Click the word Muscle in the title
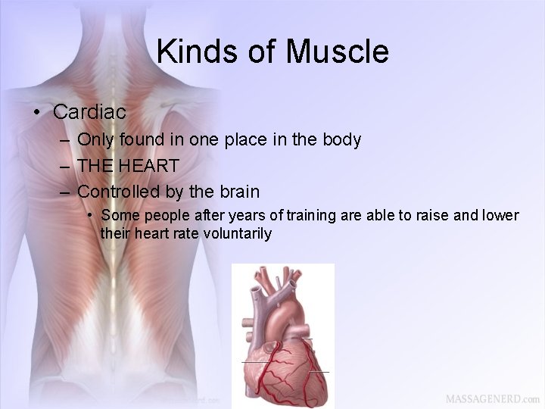coord(338,52)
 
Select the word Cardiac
coord(89,112)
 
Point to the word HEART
coord(152,165)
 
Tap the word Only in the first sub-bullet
coord(94,139)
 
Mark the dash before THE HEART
coord(64,166)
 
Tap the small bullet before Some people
coord(90,215)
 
